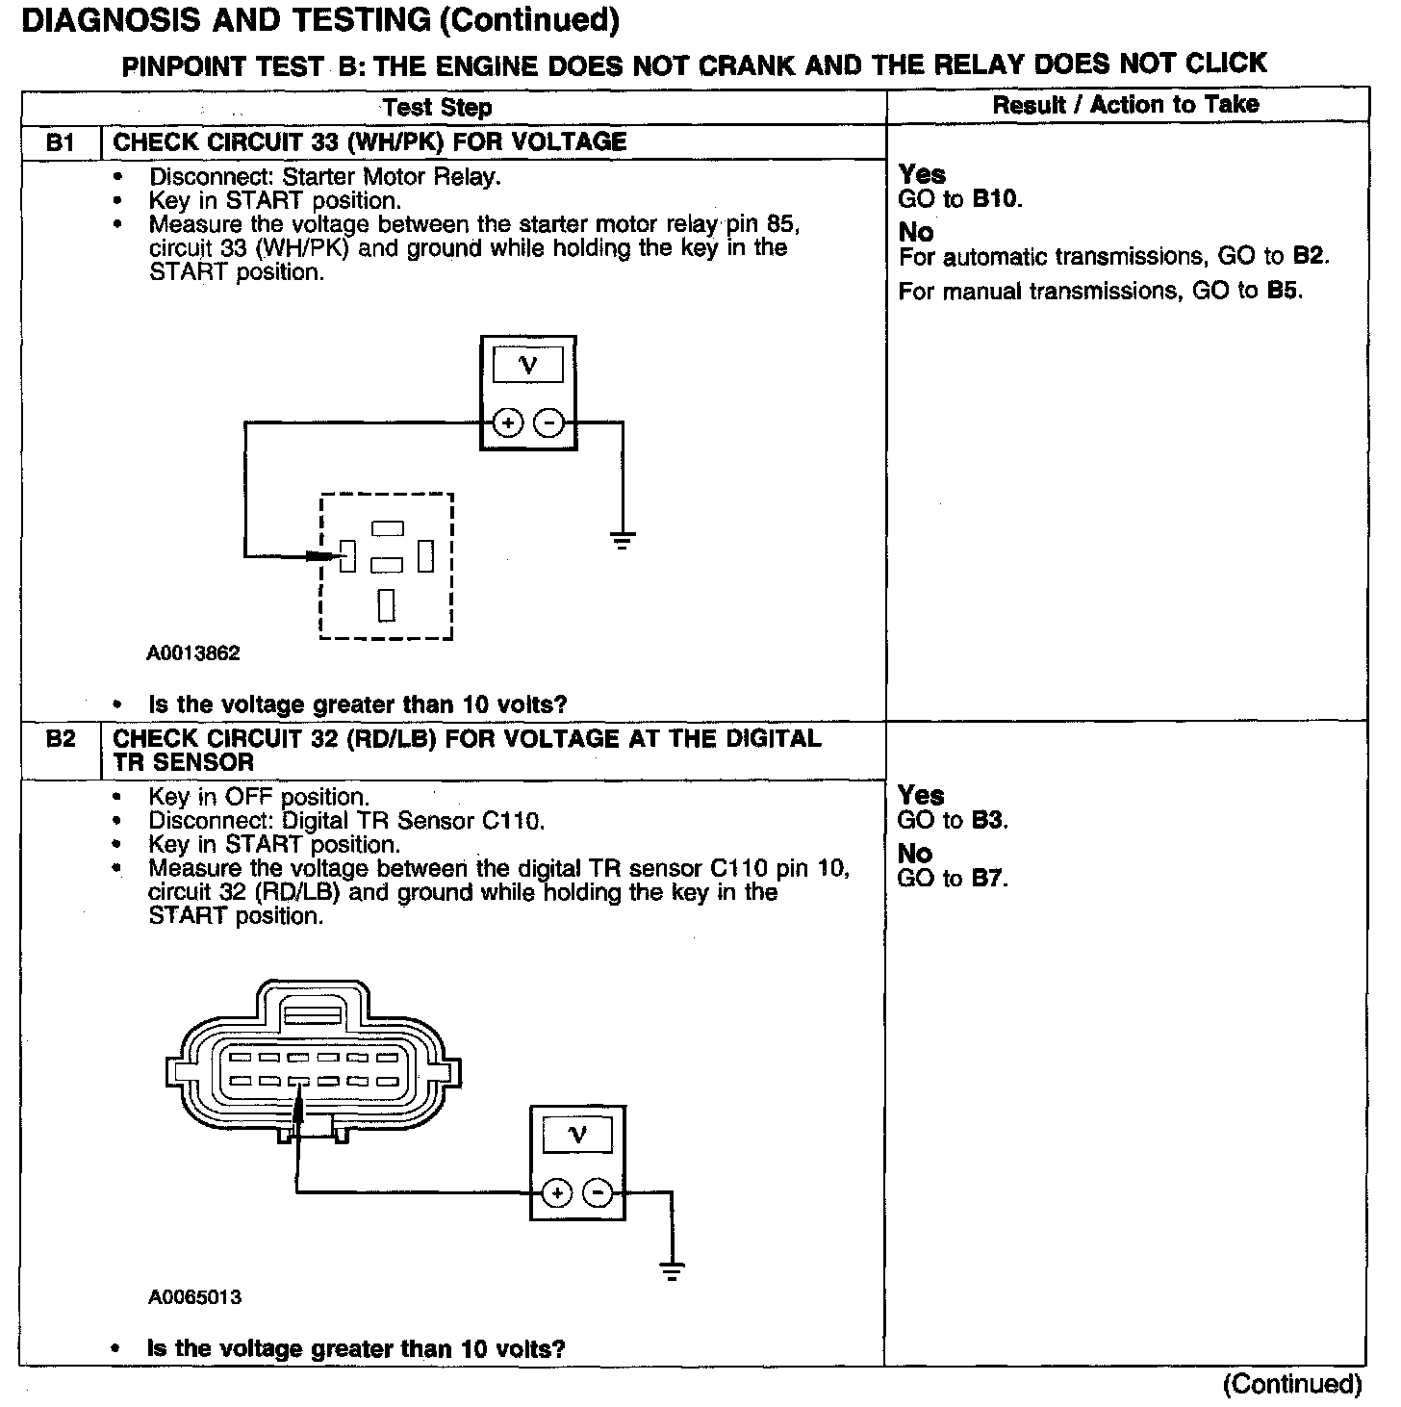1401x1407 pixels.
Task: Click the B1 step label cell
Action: click(x=60, y=143)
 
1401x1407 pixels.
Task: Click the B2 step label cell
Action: click(x=60, y=740)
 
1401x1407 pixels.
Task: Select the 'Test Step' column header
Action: click(x=437, y=107)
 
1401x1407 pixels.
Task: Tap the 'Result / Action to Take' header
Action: click(x=1125, y=105)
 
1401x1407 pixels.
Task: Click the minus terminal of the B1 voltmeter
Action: click(x=548, y=422)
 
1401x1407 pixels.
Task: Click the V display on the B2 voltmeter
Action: click(x=577, y=1135)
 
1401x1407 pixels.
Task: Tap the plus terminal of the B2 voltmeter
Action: click(x=556, y=1193)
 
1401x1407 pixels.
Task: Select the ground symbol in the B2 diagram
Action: click(x=673, y=1270)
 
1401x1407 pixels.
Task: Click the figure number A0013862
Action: click(x=193, y=653)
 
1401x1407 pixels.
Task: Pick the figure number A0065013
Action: click(x=194, y=1297)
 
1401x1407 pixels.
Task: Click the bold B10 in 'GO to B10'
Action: click(x=995, y=199)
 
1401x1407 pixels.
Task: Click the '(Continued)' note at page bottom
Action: click(x=1291, y=1384)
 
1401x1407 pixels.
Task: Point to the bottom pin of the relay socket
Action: click(x=387, y=604)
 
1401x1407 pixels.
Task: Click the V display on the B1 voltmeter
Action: click(x=527, y=365)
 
